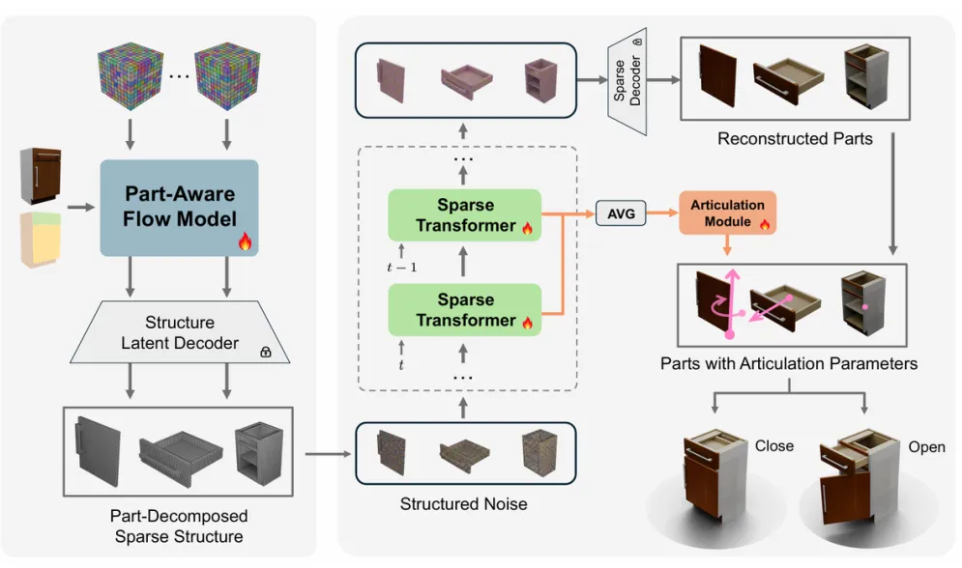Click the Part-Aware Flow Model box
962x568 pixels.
(179, 207)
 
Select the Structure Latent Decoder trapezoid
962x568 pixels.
(180, 332)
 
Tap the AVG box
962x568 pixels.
(621, 213)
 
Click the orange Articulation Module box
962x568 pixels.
(727, 213)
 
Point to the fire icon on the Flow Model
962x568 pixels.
(245, 242)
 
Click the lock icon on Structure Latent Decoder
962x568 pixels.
(265, 353)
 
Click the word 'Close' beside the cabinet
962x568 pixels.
(774, 445)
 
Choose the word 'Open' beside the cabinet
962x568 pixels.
(926, 447)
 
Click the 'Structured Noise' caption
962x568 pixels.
(465, 503)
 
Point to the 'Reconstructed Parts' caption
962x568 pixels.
(795, 138)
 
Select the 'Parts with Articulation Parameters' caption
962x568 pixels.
(789, 364)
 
